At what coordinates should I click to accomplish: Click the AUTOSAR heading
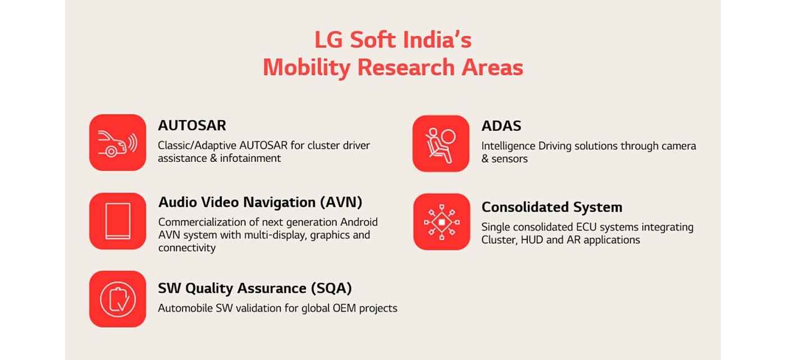192,126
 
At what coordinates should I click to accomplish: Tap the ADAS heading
501,126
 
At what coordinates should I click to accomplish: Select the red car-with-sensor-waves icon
117,143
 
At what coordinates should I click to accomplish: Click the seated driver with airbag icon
441,144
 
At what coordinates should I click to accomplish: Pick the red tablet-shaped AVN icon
117,221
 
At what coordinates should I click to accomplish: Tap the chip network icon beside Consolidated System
441,222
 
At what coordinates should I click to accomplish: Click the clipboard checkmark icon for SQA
117,299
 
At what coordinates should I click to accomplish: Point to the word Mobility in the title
307,68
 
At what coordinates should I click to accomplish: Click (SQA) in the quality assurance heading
331,289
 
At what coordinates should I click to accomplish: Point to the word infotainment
250,158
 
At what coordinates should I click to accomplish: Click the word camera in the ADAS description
679,146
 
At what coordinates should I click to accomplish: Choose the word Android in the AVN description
359,222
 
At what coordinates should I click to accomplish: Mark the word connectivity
187,248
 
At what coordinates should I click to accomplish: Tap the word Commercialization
202,222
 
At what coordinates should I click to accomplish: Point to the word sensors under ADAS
510,159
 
